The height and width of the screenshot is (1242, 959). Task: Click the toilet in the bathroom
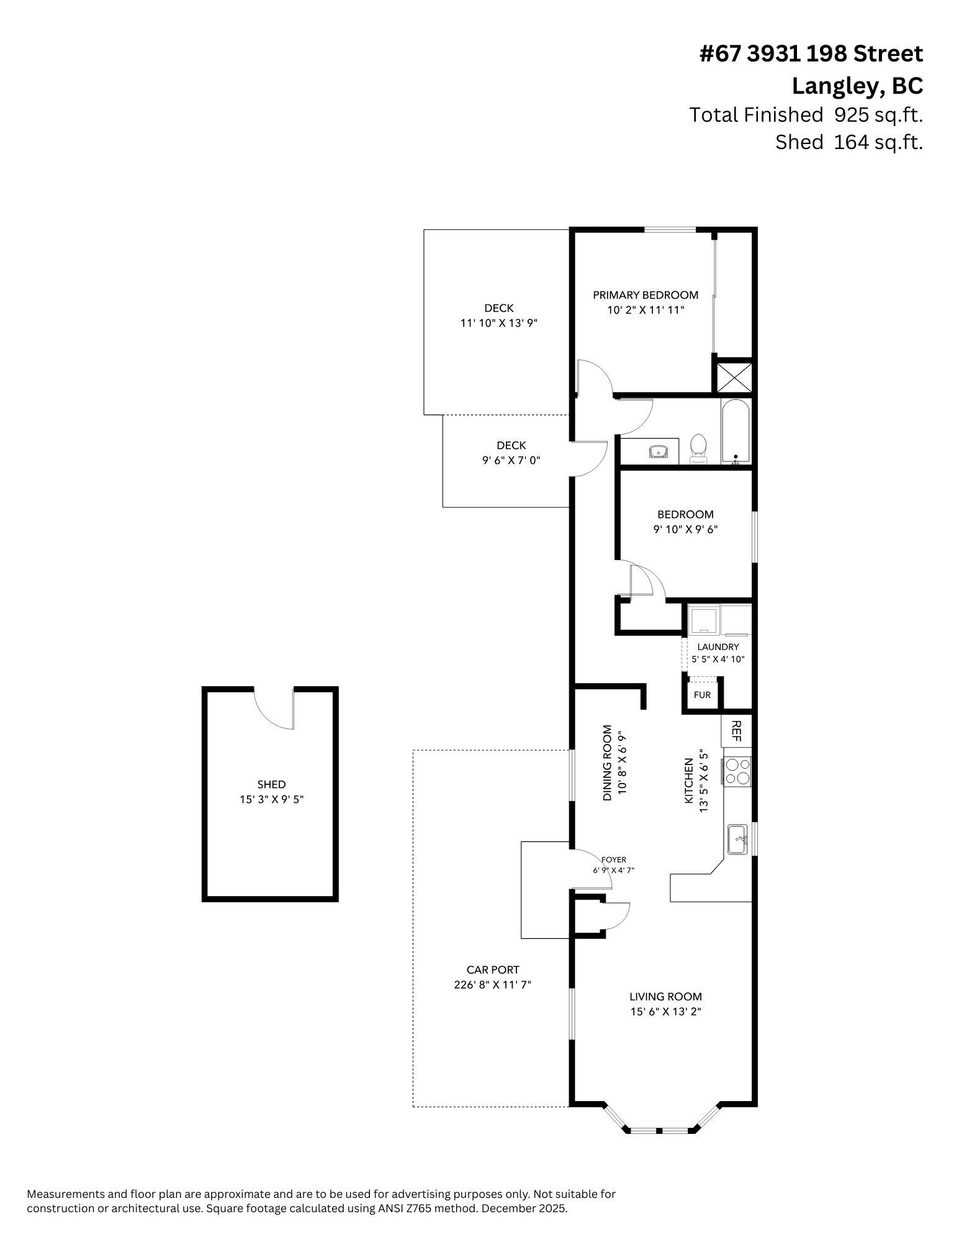(x=699, y=448)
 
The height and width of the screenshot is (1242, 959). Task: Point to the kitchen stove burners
(x=737, y=771)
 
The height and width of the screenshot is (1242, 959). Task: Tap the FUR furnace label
(x=702, y=695)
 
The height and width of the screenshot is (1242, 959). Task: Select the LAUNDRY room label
(x=718, y=646)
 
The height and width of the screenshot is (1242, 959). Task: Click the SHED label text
(x=272, y=784)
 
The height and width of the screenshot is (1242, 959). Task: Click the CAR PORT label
(x=493, y=969)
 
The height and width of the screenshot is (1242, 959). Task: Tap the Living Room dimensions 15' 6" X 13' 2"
(x=665, y=1012)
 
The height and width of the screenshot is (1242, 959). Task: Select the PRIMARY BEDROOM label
(x=646, y=295)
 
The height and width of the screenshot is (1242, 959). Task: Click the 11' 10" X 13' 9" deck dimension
(x=498, y=323)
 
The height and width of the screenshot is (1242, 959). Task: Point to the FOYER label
(x=613, y=859)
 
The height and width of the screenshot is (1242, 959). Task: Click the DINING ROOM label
(x=608, y=763)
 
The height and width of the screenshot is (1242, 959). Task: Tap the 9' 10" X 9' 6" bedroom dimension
(x=685, y=530)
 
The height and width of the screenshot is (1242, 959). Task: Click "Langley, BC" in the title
(x=857, y=86)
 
